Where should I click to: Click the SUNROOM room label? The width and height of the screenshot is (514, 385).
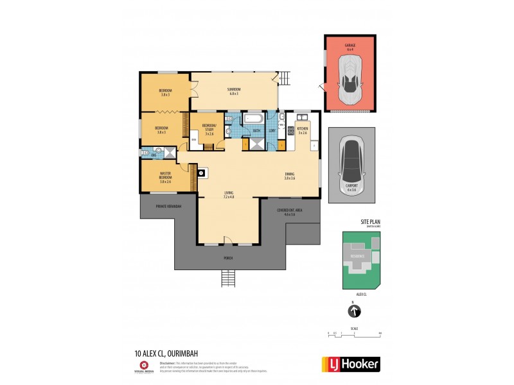point(233,90)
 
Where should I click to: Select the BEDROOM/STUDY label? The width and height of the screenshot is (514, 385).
point(209,127)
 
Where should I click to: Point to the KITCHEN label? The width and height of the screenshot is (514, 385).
point(303,129)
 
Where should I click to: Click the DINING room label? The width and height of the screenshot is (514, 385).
point(290,175)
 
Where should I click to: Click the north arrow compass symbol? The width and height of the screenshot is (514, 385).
point(354,312)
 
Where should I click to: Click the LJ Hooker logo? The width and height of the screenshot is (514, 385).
point(350,364)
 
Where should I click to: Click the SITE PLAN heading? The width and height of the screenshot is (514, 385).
point(371,222)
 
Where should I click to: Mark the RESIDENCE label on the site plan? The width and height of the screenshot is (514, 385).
point(357,256)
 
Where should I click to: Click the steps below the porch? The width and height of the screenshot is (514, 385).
point(229,278)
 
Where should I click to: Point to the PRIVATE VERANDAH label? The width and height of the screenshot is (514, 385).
point(169,206)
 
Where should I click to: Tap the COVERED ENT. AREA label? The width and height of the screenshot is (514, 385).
point(289,212)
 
